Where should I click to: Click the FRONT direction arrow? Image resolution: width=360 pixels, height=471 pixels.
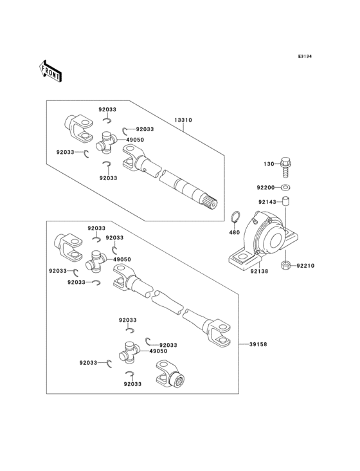click(51, 70)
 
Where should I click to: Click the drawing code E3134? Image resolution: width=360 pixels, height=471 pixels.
click(304, 57)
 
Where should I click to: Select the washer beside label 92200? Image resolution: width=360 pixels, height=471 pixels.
click(286, 187)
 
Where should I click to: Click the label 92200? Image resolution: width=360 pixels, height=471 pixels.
click(265, 187)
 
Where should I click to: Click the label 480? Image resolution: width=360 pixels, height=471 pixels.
click(235, 232)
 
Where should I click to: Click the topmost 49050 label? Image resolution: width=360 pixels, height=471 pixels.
click(134, 140)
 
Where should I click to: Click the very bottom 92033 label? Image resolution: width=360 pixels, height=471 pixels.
click(132, 384)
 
